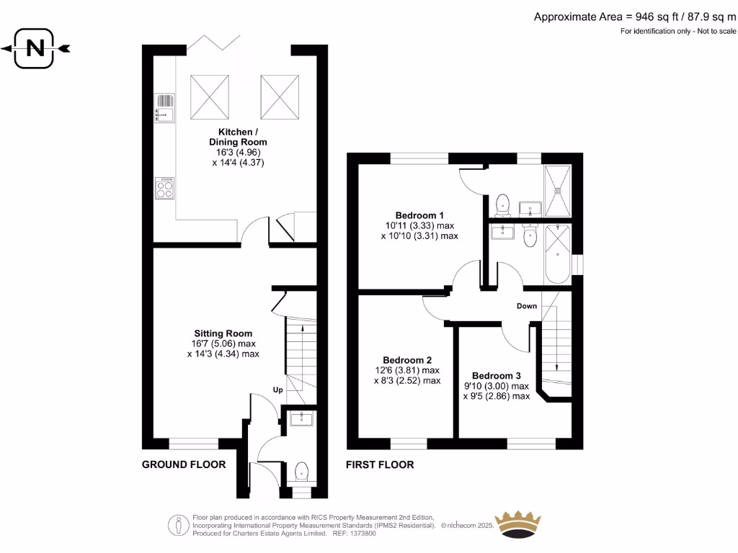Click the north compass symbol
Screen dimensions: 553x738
click(x=35, y=48)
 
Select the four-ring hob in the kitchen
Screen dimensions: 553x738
click(x=164, y=188)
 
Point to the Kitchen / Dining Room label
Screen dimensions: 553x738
click(x=237, y=137)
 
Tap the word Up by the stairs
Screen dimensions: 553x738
click(x=277, y=390)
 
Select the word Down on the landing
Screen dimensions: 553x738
click(x=526, y=306)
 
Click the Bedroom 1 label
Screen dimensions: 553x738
click(x=419, y=215)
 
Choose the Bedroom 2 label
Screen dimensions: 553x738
click(x=407, y=360)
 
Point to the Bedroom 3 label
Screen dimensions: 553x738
click(x=496, y=376)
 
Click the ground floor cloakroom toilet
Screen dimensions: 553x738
click(x=302, y=472)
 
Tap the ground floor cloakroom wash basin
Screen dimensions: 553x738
click(x=298, y=418)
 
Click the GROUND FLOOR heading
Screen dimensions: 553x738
click(x=183, y=464)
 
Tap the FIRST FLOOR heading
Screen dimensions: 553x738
click(x=380, y=464)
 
